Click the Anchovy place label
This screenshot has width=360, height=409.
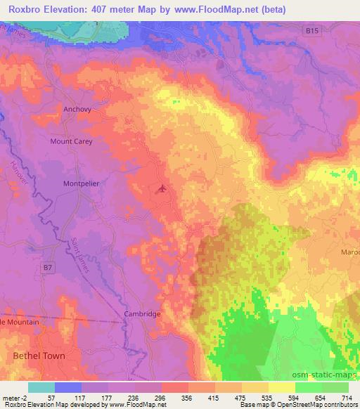[x=77, y=110]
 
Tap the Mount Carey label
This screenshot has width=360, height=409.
[x=71, y=141]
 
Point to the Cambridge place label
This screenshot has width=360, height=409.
[x=143, y=314]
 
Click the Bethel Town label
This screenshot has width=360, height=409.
[x=39, y=356]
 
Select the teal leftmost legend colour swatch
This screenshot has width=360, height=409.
[x=41, y=387]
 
